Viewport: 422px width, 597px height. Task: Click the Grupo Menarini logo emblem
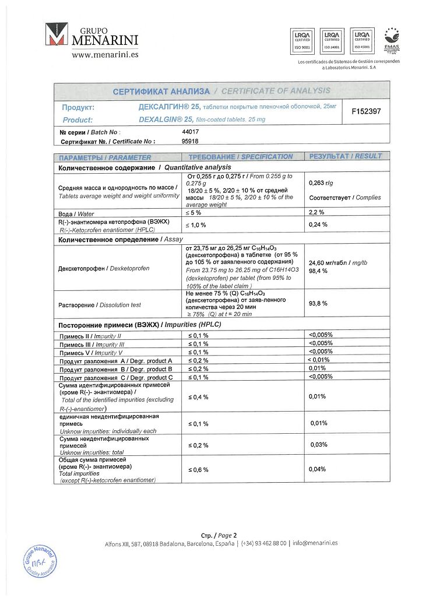point(57,36)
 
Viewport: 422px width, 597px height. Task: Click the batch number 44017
point(191,132)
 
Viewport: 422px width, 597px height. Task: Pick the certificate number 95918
point(191,141)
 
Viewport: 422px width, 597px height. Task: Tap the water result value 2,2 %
point(316,213)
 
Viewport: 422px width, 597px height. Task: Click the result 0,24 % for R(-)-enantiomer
point(318,224)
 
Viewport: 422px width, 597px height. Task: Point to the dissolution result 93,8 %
point(318,304)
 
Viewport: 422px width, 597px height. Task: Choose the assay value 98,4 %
point(318,271)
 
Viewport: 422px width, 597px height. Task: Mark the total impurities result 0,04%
point(317,469)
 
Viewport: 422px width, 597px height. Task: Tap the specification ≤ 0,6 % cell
point(198,469)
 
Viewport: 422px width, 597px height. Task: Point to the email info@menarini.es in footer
point(315,543)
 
